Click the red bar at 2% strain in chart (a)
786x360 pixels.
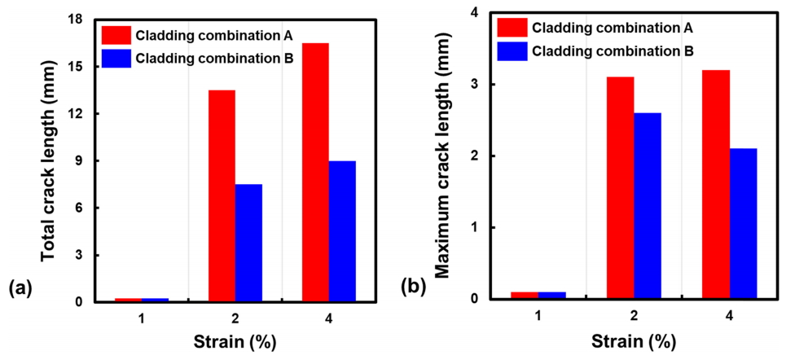coord(222,196)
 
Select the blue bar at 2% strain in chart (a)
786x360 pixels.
coord(248,244)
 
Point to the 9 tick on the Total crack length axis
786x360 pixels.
coord(81,161)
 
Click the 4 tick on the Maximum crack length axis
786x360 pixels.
coord(473,13)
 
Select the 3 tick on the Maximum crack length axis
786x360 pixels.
coord(473,85)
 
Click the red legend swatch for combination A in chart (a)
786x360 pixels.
coord(116,34)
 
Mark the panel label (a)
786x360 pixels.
coord(20,287)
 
